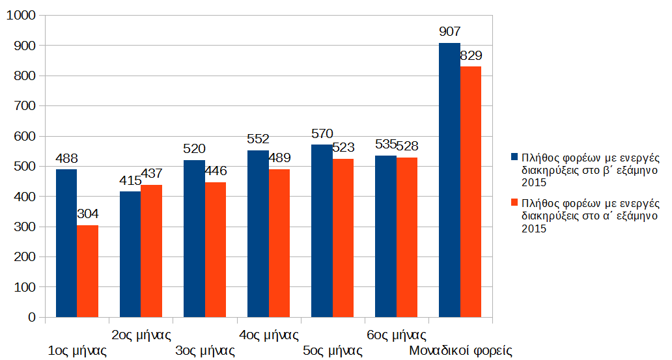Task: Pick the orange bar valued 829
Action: (x=471, y=191)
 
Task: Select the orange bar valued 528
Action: (x=407, y=237)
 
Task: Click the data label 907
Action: (x=449, y=31)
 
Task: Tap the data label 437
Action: (x=151, y=174)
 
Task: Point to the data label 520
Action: (x=194, y=148)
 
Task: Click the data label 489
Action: (x=279, y=158)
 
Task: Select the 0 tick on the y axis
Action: (x=31, y=317)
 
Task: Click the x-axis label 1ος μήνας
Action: (x=77, y=351)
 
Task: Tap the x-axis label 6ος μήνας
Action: (x=397, y=335)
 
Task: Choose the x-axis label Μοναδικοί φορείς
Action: (x=460, y=351)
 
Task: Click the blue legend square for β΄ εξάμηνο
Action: (x=514, y=157)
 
